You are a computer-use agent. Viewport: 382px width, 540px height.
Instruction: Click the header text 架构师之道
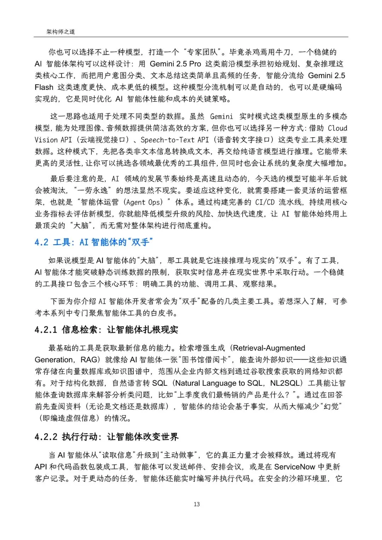60,31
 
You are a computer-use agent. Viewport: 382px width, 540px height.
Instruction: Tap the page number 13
197,504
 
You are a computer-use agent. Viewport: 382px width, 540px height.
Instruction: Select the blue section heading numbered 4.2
93,242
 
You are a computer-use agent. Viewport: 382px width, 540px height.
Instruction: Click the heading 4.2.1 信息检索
106,330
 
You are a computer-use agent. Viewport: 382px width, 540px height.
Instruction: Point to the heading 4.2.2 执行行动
106,437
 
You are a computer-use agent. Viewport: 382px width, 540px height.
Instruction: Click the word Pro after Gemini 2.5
195,64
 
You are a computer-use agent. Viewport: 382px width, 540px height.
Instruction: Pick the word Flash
44,87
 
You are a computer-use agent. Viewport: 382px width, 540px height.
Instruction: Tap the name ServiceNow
294,467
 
